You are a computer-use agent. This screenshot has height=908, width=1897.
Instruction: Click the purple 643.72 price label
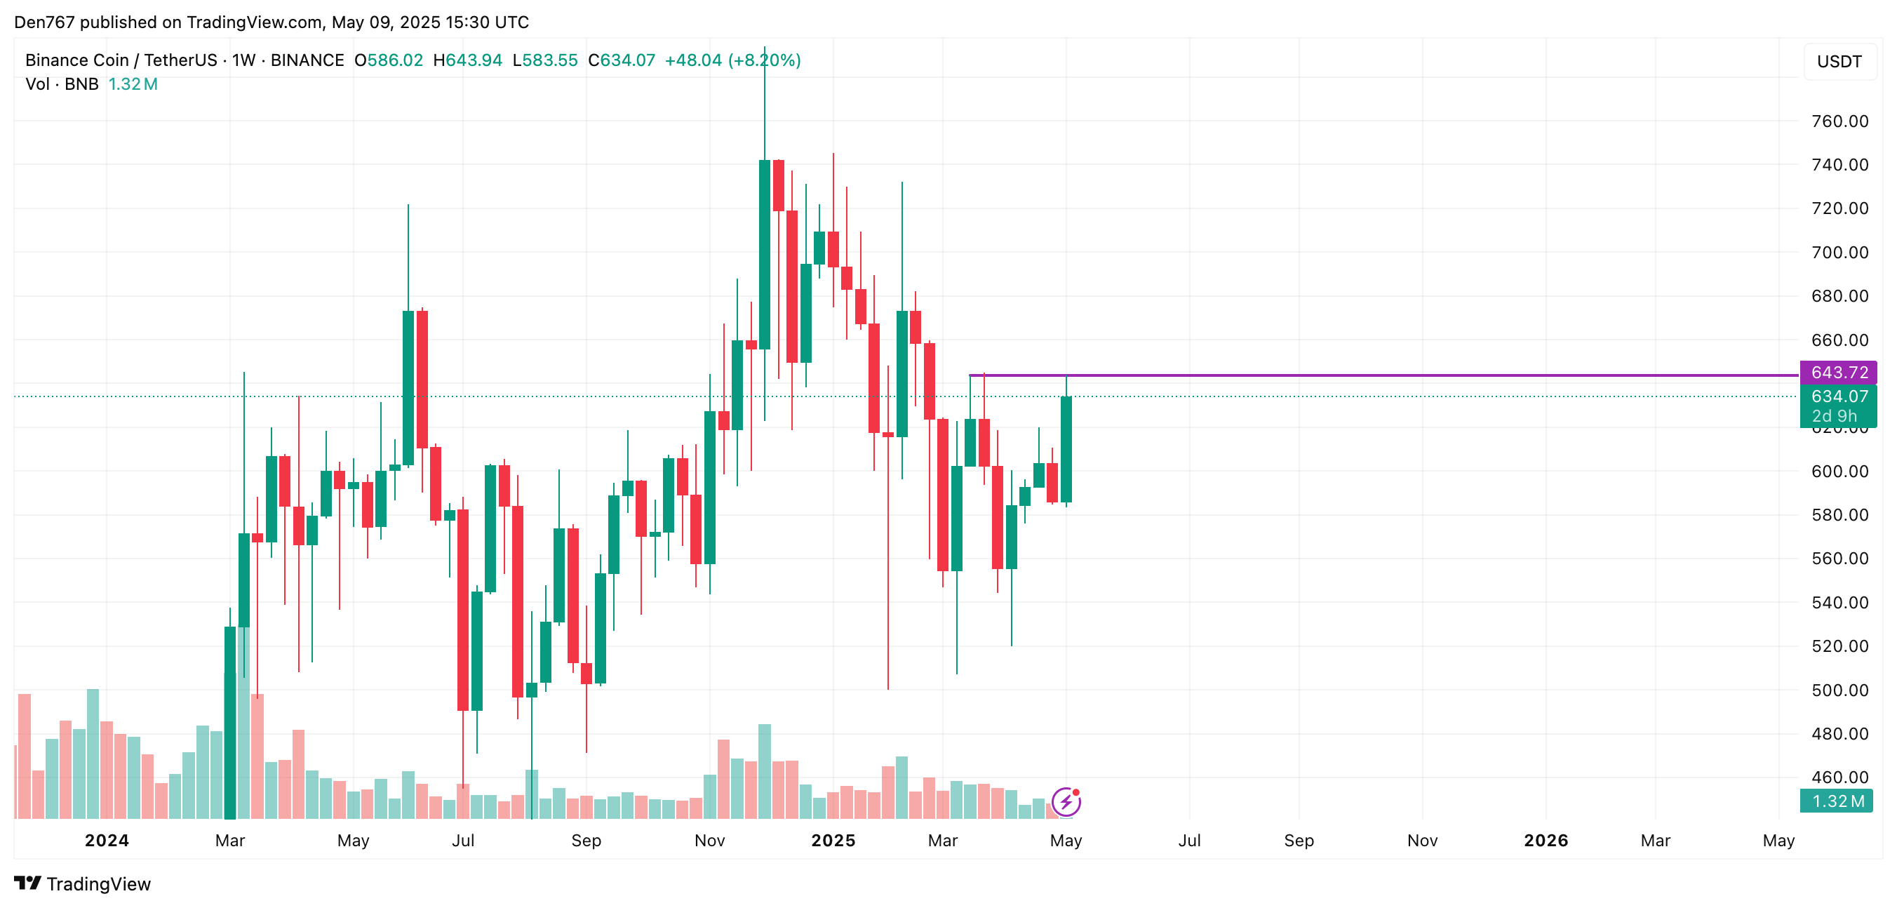[x=1838, y=372]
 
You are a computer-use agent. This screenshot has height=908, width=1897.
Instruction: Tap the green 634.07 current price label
[x=1838, y=397]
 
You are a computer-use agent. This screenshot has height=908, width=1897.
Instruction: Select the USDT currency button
[x=1839, y=61]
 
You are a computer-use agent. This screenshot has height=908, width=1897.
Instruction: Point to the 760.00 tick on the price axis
[x=1839, y=121]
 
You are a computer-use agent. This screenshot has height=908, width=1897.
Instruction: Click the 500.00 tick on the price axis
[x=1839, y=690]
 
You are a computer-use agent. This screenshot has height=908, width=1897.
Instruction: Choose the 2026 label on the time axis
[x=1546, y=840]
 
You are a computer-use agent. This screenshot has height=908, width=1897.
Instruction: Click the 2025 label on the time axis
[x=833, y=840]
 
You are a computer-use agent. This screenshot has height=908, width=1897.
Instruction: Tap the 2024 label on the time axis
[x=107, y=840]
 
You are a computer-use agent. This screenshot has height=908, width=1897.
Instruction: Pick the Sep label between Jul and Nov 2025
[x=1299, y=840]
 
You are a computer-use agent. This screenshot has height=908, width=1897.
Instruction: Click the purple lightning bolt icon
[x=1066, y=801]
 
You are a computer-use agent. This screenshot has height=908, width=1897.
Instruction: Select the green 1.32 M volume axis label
[x=1837, y=801]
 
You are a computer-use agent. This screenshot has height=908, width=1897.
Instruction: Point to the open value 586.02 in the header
[x=396, y=60]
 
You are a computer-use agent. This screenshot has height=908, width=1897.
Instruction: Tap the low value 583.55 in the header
[x=550, y=60]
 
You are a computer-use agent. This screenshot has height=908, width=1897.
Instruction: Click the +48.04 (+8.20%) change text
[x=732, y=60]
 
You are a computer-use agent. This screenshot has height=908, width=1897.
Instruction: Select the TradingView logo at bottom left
[x=83, y=883]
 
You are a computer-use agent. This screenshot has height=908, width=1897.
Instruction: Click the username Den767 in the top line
[x=44, y=22]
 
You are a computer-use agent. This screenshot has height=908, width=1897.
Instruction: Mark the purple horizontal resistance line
[x=1384, y=375]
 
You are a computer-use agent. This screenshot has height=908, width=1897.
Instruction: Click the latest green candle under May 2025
[x=1066, y=449]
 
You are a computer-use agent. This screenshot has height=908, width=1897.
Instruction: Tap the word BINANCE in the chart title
[x=307, y=60]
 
